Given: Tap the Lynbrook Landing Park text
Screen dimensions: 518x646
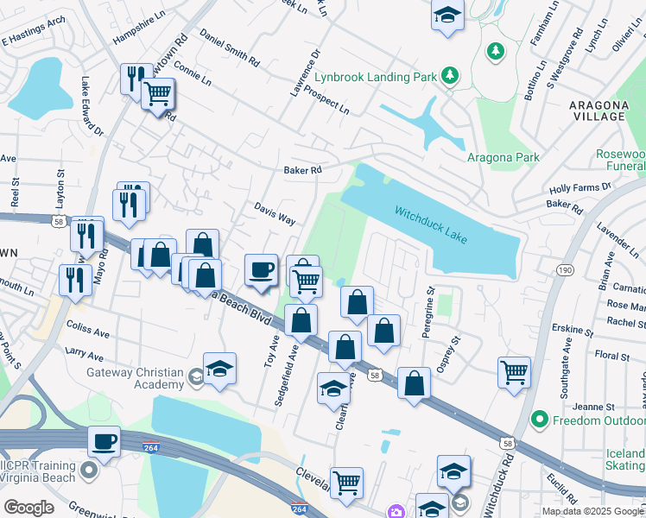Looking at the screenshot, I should click(x=375, y=77).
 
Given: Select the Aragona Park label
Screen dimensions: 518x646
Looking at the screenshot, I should click(x=503, y=157).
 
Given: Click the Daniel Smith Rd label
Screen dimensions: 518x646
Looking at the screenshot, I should click(x=229, y=48).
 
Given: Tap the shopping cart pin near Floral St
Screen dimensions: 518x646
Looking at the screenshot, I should click(x=514, y=372).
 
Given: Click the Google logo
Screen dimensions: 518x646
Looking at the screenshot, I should click(x=28, y=508).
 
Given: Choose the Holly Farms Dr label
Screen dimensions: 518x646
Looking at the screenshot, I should click(x=579, y=187).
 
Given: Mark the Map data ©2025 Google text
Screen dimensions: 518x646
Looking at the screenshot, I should click(x=592, y=511).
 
